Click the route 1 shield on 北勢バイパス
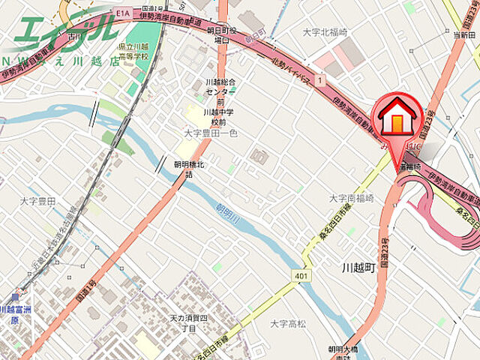(x=321, y=79)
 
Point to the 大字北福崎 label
(x=324, y=32)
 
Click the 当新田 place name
(x=463, y=34)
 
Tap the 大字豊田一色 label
(x=210, y=133)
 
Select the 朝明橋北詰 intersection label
(x=189, y=169)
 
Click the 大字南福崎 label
(x=351, y=198)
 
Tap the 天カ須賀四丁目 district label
(x=183, y=323)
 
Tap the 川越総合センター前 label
(x=220, y=91)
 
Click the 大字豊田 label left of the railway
(x=37, y=201)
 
